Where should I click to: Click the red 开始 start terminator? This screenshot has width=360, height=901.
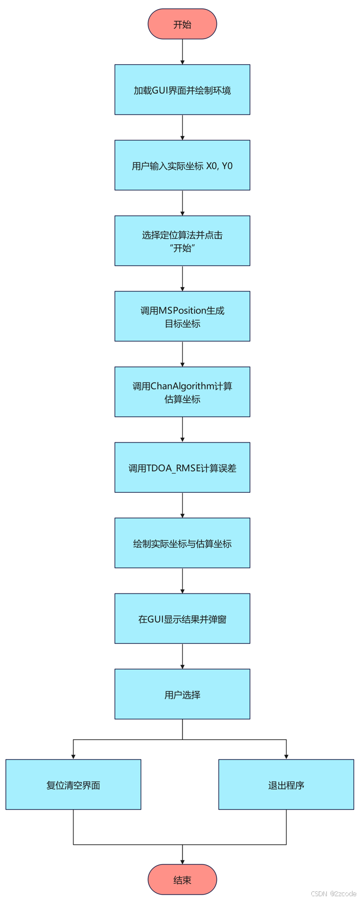(182, 24)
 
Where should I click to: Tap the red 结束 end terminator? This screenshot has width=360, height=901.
(182, 880)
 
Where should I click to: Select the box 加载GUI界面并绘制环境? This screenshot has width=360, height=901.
(182, 90)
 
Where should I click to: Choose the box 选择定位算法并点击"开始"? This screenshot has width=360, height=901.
(182, 241)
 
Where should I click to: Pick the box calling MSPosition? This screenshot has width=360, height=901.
(182, 317)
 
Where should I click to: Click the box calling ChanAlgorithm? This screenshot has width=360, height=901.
(182, 392)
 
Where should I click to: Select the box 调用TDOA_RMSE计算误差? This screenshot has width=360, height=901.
(182, 468)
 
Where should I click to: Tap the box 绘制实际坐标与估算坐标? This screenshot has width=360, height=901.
(182, 543)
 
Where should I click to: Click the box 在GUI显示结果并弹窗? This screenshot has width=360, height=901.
(182, 619)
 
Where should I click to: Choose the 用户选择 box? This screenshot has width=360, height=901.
(182, 694)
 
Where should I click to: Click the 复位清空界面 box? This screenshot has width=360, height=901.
(73, 785)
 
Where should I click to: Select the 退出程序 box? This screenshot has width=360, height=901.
(286, 785)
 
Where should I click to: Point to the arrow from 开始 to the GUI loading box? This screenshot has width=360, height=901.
(182, 52)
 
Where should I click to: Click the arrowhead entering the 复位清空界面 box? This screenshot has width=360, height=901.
(73, 756)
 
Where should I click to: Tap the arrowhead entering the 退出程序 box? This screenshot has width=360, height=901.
(286, 756)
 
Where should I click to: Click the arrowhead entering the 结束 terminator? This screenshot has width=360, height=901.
(182, 861)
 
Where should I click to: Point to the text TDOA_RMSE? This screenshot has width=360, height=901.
(174, 468)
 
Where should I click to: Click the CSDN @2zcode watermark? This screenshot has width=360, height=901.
(333, 894)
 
